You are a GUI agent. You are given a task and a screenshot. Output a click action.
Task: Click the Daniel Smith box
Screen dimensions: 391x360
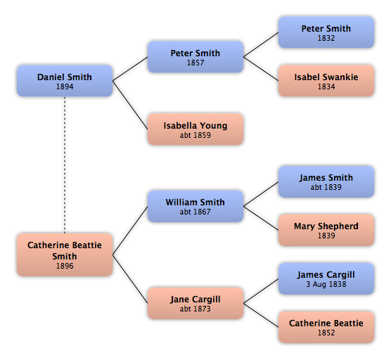point(65,81)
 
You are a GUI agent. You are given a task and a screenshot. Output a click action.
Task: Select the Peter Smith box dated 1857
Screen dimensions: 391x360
point(195,57)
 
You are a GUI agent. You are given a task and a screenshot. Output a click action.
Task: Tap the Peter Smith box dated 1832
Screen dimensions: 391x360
point(326,32)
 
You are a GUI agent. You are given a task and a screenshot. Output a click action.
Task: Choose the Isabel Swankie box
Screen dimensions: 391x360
point(326,81)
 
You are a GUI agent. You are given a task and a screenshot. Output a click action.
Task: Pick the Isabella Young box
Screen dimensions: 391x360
point(195,129)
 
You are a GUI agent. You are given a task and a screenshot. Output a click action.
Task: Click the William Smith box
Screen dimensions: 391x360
point(195,206)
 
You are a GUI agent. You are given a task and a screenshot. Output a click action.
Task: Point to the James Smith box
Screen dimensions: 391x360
point(326,181)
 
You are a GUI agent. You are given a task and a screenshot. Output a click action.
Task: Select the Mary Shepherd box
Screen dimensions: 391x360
point(326,230)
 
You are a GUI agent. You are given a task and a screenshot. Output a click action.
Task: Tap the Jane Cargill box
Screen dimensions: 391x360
point(195,303)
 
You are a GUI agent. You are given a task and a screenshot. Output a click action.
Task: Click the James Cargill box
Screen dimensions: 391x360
point(326,278)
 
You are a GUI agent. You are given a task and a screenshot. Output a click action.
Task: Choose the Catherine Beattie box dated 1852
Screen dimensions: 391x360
point(326,327)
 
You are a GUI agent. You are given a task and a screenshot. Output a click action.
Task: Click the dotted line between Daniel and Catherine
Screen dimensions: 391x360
point(65,165)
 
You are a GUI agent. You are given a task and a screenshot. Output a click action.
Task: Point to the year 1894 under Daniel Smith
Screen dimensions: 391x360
point(65,86)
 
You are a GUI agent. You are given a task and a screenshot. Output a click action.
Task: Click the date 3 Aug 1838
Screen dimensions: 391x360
point(326,284)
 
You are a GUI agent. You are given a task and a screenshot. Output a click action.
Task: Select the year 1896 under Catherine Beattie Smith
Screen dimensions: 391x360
point(65,266)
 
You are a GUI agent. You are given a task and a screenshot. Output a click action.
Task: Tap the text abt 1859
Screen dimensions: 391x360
point(195,135)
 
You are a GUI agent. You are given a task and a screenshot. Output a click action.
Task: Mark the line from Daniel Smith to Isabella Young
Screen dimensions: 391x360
point(130,105)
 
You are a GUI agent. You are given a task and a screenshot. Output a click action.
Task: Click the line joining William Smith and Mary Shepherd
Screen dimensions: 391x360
point(261,218)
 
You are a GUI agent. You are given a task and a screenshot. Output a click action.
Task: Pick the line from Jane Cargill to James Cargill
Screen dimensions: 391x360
point(261,291)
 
